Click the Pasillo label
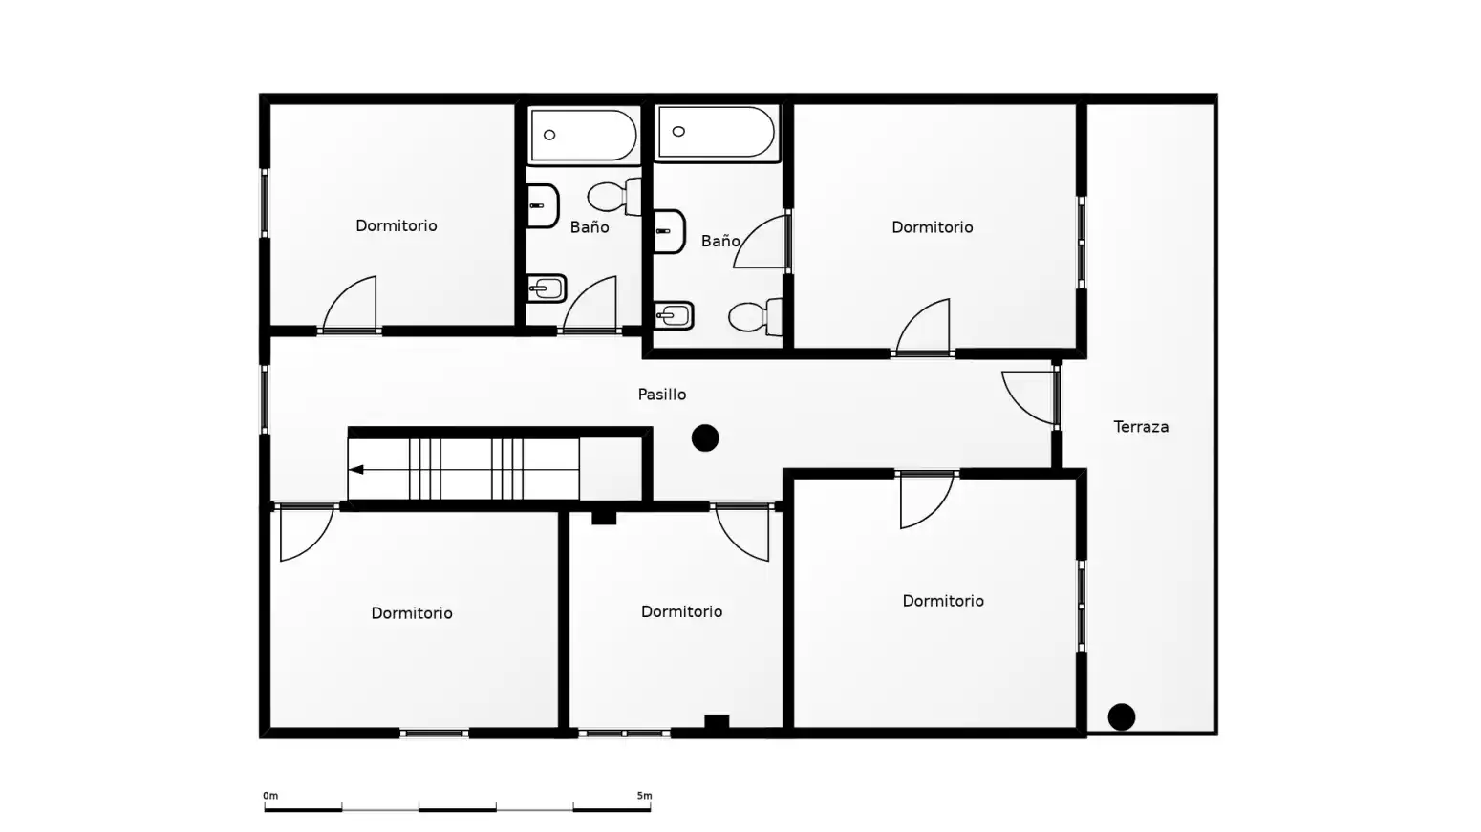pos(662,395)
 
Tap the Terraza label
pos(1141,427)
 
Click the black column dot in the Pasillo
pos(705,438)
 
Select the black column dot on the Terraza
pos(1122,717)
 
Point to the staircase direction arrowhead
pos(355,470)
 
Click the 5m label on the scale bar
pos(644,796)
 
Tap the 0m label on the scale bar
pos(270,796)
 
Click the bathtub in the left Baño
pos(583,135)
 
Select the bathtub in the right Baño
pos(717,133)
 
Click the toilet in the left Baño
pos(614,196)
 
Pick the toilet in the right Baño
pos(756,317)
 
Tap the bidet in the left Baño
pos(547,288)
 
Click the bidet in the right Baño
pos(674,316)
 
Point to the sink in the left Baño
pos(542,206)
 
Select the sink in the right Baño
pos(669,231)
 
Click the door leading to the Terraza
pos(1030,397)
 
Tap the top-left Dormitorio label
pos(396,226)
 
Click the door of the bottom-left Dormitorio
pos(306,533)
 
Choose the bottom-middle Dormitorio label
pos(681,612)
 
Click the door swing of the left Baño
pos(590,304)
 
